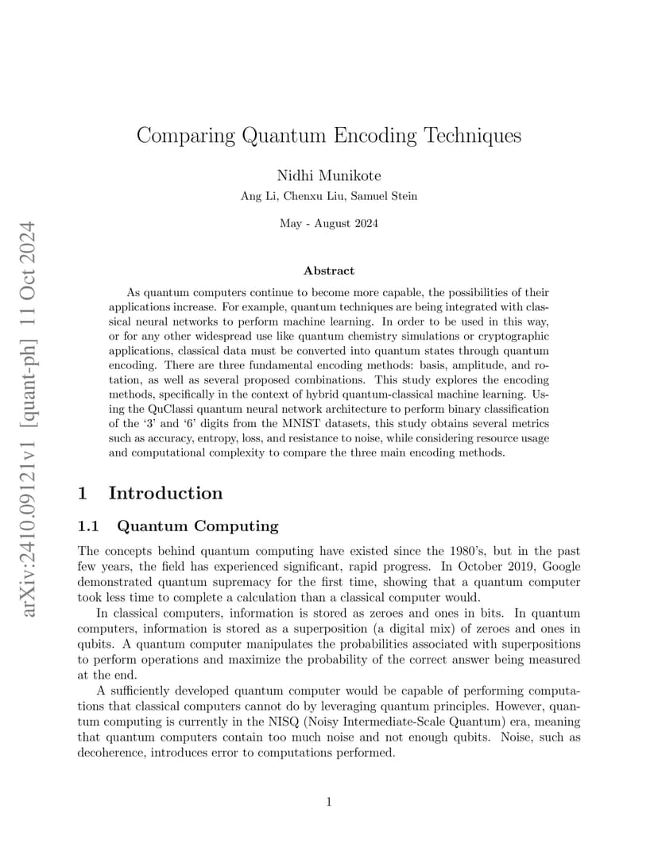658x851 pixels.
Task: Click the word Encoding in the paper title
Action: (x=374, y=136)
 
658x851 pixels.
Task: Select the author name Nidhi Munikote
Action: (x=329, y=176)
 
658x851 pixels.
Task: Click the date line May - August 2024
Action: (x=329, y=223)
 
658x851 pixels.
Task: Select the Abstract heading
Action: (x=329, y=271)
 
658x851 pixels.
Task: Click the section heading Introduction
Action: (x=165, y=493)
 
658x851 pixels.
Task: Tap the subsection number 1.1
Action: (x=91, y=526)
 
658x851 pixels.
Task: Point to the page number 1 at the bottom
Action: (x=329, y=802)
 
